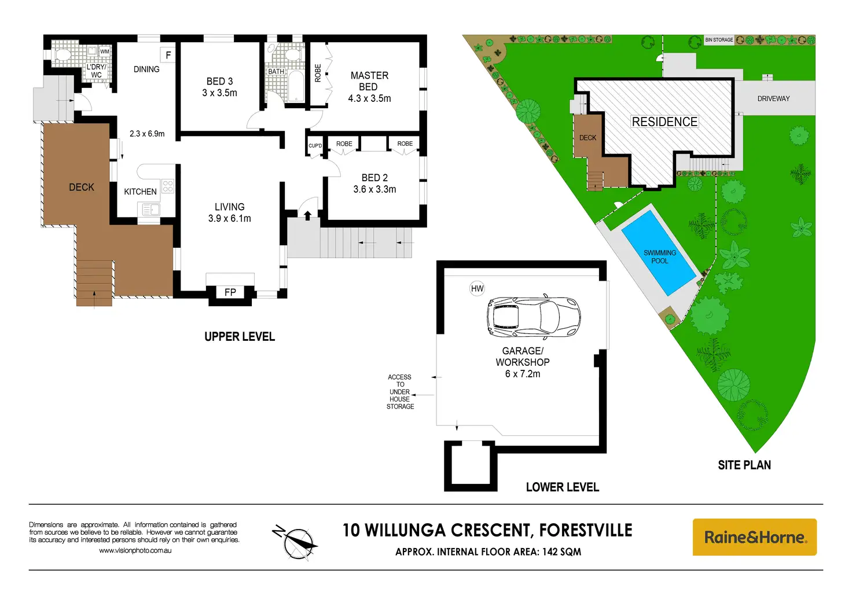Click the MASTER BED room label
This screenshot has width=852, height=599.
tap(369, 81)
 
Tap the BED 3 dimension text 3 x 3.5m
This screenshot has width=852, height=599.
tap(219, 93)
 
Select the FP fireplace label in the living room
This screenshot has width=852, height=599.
tap(230, 292)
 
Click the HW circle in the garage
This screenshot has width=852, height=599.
tap(477, 288)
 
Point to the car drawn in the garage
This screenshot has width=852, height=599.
tap(533, 317)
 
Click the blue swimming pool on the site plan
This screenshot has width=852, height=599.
tap(659, 252)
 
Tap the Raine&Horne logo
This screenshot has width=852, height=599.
tap(754, 537)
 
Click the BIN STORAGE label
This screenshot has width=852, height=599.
tap(719, 40)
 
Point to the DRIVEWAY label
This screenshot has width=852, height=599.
tap(773, 98)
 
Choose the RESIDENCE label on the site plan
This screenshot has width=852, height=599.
tap(664, 122)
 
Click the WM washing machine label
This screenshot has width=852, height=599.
tap(105, 52)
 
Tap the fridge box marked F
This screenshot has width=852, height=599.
tap(168, 56)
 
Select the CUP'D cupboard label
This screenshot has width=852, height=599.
tap(315, 146)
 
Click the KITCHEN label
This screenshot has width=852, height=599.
tap(140, 192)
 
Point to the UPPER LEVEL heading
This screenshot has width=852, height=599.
tap(240, 336)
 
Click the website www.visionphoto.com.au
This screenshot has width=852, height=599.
tap(135, 550)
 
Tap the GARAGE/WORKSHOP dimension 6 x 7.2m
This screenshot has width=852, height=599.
tap(523, 374)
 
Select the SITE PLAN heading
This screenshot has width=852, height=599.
tap(744, 465)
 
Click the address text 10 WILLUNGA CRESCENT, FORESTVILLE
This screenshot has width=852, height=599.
tap(487, 530)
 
